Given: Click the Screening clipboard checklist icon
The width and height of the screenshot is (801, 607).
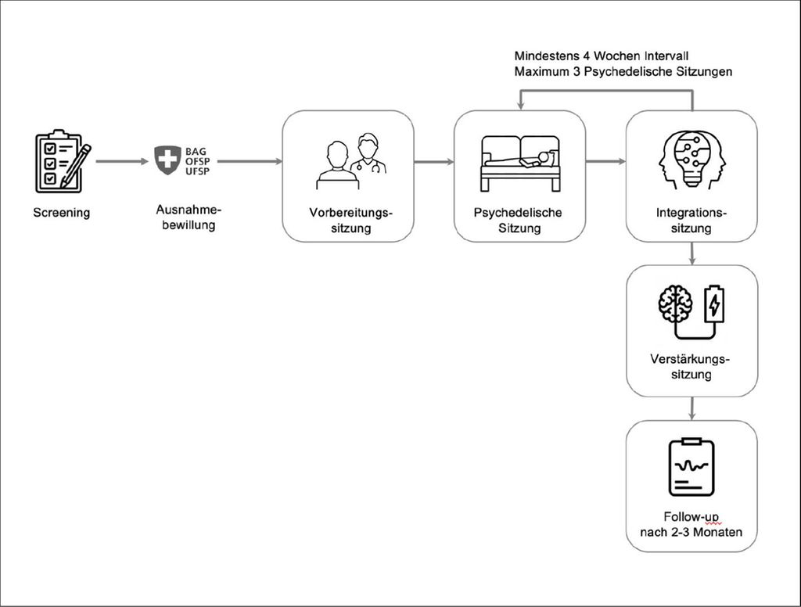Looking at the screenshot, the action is [x=63, y=161].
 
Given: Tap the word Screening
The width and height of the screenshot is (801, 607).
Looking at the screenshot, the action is [x=61, y=213].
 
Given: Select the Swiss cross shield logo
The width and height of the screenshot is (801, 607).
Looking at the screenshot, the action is [x=167, y=160].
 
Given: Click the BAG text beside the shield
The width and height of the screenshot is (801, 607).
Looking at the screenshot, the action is [x=196, y=152].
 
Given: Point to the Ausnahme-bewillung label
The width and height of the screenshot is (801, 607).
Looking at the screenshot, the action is [x=189, y=217].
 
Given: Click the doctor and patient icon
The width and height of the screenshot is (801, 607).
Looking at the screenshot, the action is [x=350, y=161].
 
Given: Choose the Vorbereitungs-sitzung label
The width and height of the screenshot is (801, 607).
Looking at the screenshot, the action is [x=350, y=221].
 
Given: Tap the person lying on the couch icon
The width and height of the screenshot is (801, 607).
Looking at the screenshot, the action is [x=520, y=163].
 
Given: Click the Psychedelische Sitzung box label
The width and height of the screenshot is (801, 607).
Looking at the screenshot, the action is [x=518, y=221].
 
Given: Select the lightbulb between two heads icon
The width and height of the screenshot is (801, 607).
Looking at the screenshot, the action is [x=692, y=160].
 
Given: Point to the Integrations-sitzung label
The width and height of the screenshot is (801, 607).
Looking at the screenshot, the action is [x=691, y=221].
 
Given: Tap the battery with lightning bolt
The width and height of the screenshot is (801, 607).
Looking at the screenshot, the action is [x=714, y=304].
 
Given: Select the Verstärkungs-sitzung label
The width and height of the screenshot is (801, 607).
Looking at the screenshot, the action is [x=691, y=366].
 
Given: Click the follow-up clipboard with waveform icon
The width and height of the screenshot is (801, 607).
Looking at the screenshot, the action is [x=691, y=467].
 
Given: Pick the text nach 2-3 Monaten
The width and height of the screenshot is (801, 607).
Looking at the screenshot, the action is [x=691, y=532].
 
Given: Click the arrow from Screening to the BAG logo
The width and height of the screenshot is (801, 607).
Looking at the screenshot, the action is [x=122, y=161].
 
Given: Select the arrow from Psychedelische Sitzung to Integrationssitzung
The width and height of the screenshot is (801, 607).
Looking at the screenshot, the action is [x=606, y=161].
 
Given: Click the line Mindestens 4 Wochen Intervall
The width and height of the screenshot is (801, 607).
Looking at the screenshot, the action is [x=602, y=56].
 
